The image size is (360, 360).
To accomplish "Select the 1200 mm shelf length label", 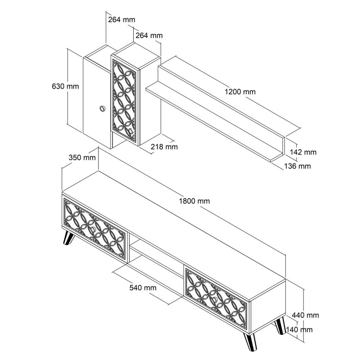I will [x=240, y=92].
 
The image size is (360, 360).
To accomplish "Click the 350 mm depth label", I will [x=82, y=157].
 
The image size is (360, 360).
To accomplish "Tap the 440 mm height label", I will [x=306, y=315].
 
